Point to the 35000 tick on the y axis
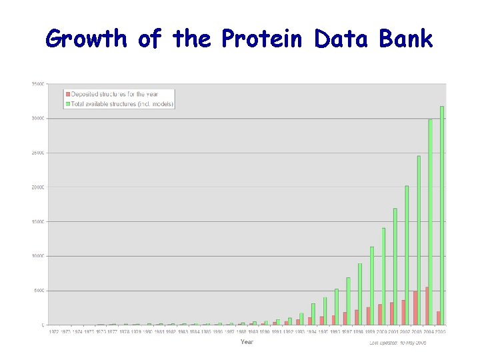(x=38, y=84)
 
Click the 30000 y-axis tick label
(x=38, y=118)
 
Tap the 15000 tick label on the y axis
(x=38, y=221)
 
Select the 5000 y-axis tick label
(x=39, y=291)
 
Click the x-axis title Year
(x=247, y=342)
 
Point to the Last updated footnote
(x=397, y=343)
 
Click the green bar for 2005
(x=442, y=215)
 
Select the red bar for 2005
(x=437, y=318)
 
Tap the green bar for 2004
(x=431, y=222)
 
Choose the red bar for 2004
(x=426, y=306)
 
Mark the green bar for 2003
(x=419, y=240)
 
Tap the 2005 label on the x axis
(x=440, y=331)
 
